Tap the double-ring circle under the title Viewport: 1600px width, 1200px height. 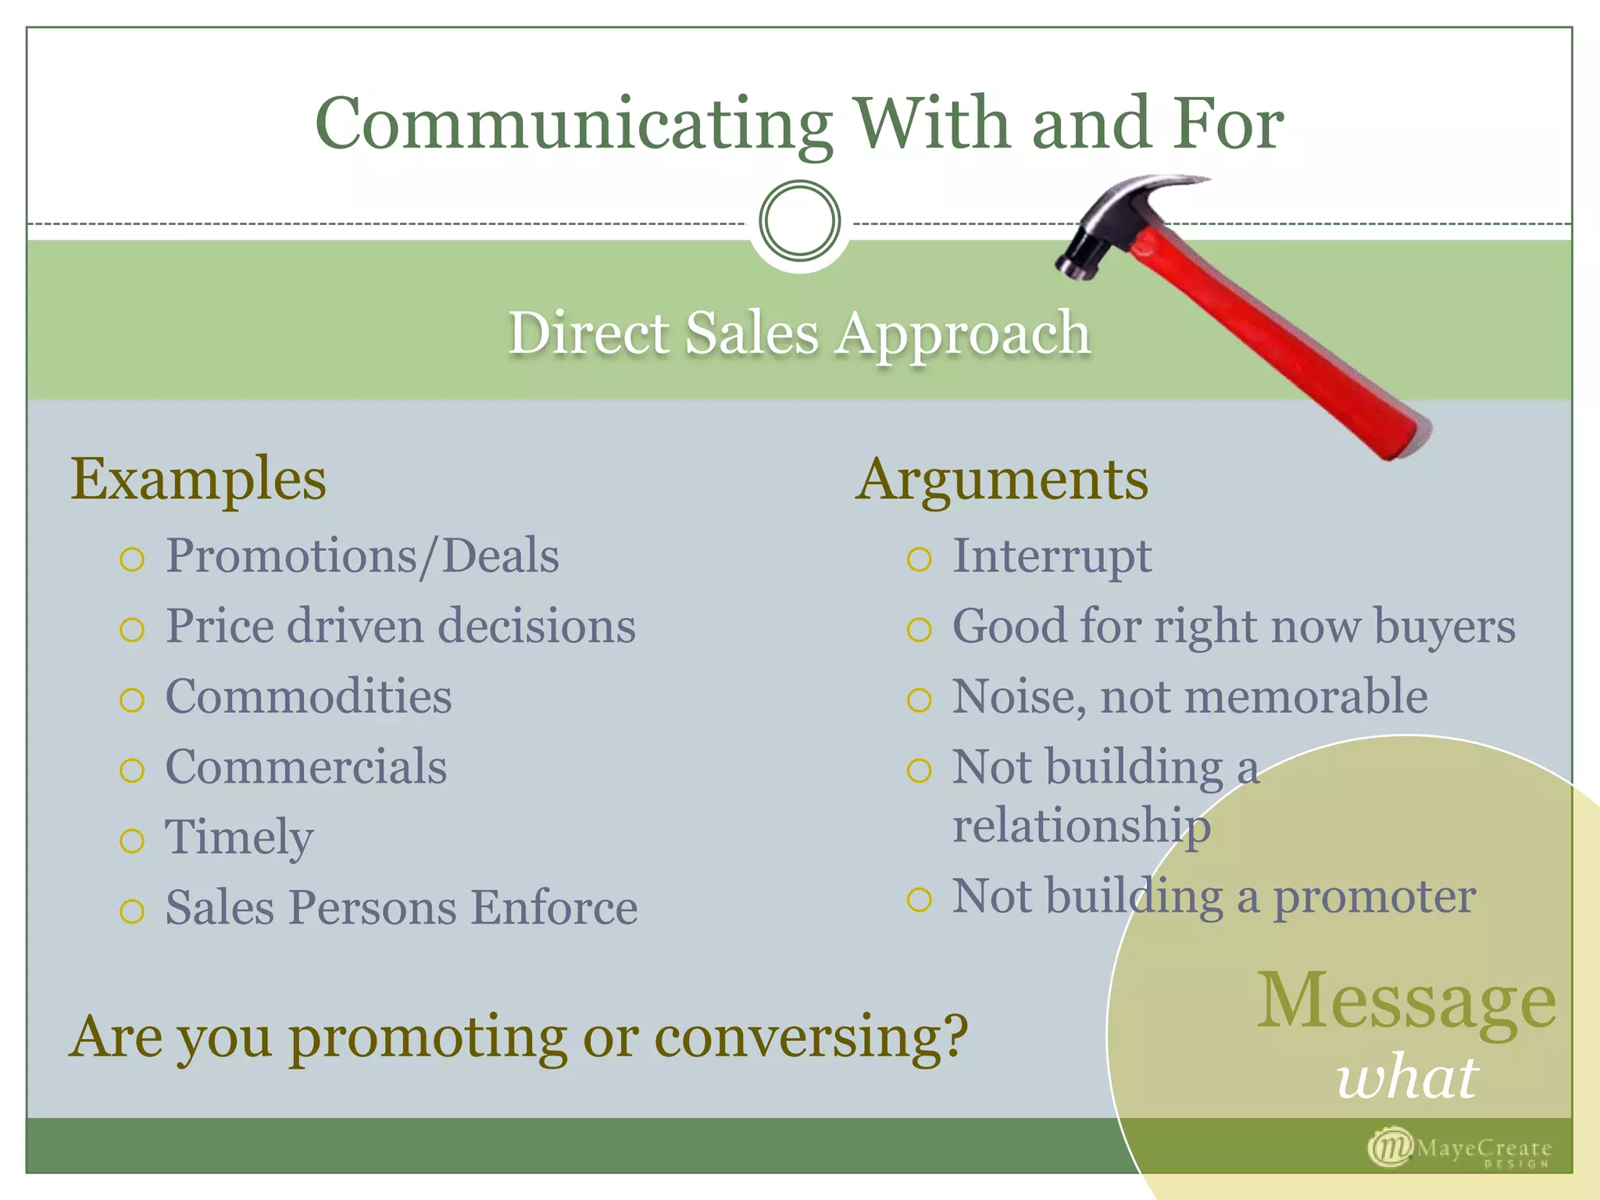click(799, 220)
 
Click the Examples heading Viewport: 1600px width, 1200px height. click(198, 479)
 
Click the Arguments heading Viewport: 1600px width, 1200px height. click(1002, 479)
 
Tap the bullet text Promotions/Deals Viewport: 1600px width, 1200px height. click(362, 556)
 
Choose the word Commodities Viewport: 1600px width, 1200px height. click(309, 696)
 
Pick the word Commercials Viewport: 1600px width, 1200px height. click(306, 766)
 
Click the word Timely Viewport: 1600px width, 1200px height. click(239, 837)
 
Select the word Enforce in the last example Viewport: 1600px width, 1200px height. click(554, 908)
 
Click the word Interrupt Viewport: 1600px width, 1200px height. click(1052, 556)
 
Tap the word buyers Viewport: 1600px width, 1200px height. click(1445, 627)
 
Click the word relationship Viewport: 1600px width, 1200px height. click(1082, 826)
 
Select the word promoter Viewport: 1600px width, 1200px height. click(1374, 896)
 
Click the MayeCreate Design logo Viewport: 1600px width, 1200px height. click(1459, 1149)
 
